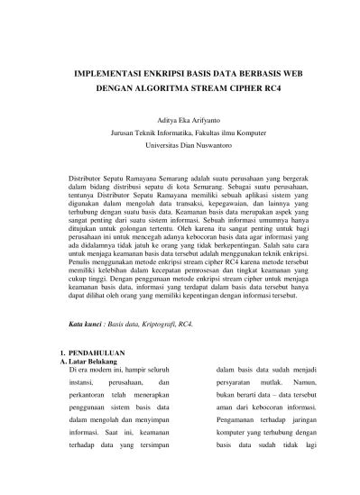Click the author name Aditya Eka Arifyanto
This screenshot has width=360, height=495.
180,119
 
